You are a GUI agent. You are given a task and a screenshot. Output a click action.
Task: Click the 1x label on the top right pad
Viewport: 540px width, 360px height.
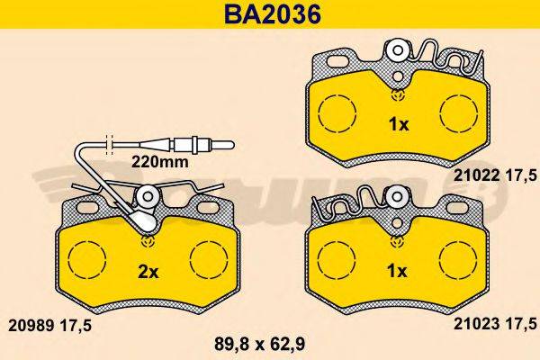click(396, 124)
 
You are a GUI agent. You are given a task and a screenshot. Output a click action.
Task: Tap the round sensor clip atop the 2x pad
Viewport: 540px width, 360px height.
click(148, 197)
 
